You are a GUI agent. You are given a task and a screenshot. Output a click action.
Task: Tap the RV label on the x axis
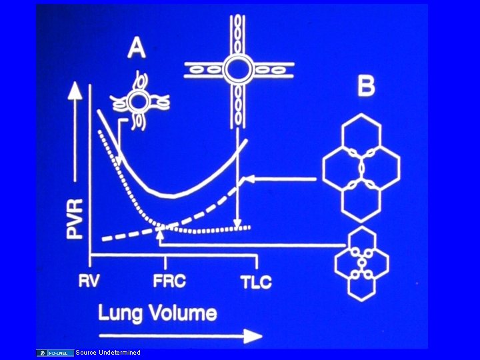[89, 281]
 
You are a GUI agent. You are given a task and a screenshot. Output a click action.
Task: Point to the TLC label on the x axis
[256, 281]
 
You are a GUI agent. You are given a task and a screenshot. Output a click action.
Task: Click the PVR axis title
[76, 219]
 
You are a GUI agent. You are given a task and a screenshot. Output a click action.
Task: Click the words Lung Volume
[157, 313]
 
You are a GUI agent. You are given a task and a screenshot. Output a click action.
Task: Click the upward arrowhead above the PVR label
[76, 91]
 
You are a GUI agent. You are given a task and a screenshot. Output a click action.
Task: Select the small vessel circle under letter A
[139, 102]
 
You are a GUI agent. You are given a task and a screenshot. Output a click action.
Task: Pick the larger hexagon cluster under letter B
[361, 167]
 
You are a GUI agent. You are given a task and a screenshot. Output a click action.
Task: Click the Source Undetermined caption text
[108, 352]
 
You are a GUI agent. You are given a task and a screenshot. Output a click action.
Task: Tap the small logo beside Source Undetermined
[56, 352]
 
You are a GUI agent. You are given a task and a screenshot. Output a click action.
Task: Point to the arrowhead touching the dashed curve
[245, 179]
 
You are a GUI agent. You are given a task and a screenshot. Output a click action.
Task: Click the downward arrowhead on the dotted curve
[237, 225]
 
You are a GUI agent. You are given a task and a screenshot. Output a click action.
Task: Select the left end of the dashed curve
[103, 238]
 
